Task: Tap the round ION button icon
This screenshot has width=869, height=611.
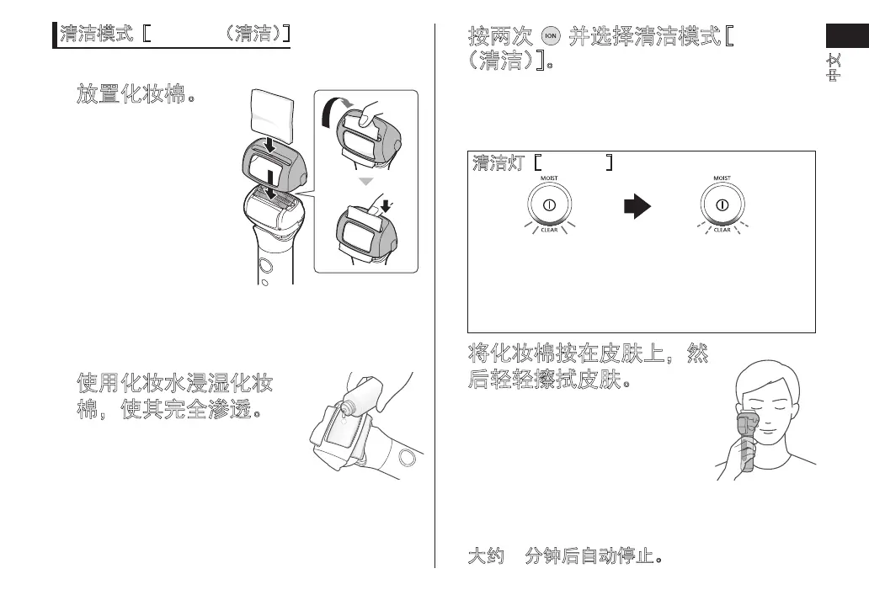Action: pos(552,38)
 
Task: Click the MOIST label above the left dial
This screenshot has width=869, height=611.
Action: pos(549,178)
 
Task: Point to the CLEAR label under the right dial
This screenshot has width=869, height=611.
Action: pos(722,231)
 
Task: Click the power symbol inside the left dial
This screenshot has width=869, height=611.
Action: pos(549,205)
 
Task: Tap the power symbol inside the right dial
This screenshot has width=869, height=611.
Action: pos(722,205)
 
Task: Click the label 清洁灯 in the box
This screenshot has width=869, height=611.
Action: pos(496,162)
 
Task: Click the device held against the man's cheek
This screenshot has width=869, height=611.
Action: pos(744,438)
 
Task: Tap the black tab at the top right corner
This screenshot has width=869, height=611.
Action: pos(846,38)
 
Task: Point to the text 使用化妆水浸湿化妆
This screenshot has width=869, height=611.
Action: pos(174,385)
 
